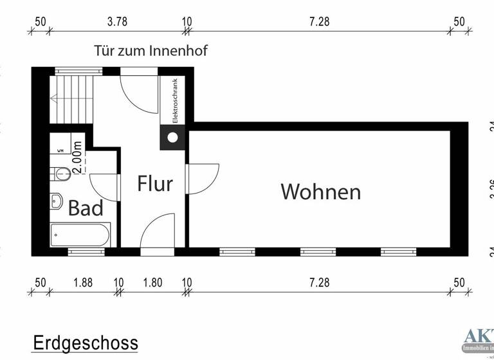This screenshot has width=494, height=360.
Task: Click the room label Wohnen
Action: click(320, 192)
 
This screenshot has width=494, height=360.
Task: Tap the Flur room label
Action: click(155, 184)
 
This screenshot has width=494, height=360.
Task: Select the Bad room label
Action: click(86, 208)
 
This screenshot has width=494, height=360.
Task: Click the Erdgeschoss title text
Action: click(85, 343)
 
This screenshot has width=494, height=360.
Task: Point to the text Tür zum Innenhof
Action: click(151, 50)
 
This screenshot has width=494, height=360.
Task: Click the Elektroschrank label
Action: click(174, 100)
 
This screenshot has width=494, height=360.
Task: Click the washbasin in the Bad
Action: click(57, 201)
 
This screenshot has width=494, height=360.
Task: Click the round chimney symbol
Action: click(172, 137)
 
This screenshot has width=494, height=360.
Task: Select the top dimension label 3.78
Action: click(117, 21)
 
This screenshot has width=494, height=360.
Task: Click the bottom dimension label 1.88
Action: click(83, 282)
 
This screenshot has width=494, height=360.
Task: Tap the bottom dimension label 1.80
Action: click(152, 282)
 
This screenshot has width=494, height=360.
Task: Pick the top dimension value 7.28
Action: click(319, 21)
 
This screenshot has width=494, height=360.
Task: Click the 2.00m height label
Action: click(77, 157)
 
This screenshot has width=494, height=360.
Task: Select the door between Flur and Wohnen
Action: click(201, 178)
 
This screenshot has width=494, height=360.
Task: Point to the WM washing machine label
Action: click(60, 150)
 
